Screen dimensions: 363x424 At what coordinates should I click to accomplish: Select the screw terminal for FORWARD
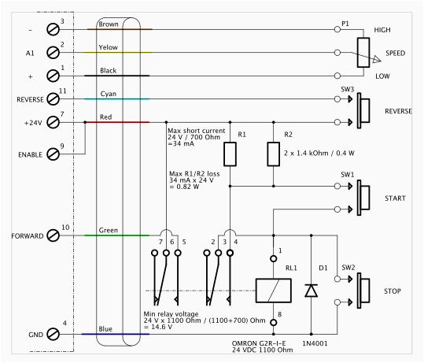coord(54,235)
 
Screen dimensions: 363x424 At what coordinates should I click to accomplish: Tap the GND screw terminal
coord(54,334)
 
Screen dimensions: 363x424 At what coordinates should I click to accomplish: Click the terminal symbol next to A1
coord(54,53)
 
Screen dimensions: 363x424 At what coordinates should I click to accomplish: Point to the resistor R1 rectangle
coord(229,154)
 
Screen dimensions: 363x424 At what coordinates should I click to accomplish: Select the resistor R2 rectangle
coord(273,154)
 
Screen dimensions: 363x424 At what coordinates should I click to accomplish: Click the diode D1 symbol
coord(312,290)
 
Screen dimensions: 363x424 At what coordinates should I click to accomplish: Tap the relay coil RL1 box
coord(273,290)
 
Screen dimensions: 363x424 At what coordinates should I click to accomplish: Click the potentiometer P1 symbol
coord(363,53)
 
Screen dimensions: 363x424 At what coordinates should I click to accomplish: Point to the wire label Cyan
coord(109,93)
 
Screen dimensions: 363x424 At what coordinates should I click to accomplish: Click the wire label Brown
coord(109,24)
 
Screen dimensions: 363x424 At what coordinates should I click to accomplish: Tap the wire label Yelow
coord(109,47)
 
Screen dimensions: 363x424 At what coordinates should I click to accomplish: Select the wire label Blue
coord(108,328)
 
